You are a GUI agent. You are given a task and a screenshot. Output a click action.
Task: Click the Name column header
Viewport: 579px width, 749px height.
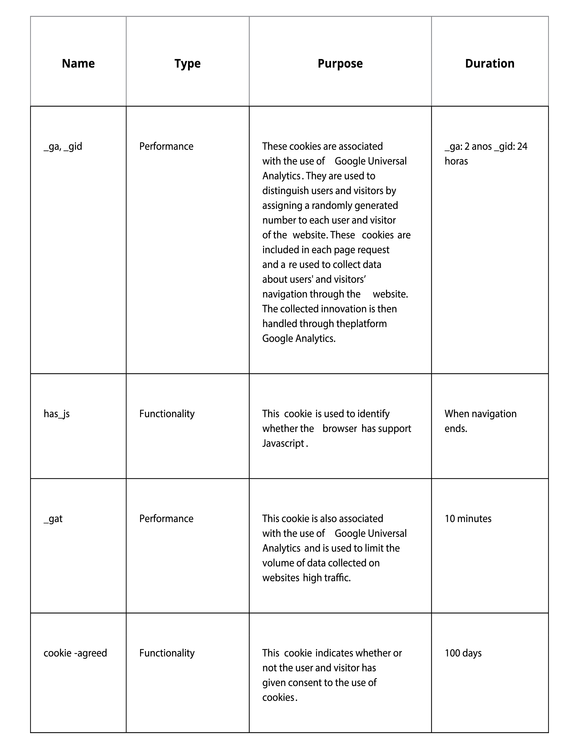(x=78, y=64)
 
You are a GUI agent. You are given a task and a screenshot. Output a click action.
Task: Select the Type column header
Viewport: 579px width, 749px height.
(x=187, y=64)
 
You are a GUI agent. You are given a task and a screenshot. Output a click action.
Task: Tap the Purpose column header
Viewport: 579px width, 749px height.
(x=340, y=64)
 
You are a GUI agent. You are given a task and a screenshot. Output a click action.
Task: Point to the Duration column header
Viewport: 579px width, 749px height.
(x=490, y=64)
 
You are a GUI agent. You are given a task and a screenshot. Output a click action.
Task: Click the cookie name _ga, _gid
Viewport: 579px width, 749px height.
(x=63, y=146)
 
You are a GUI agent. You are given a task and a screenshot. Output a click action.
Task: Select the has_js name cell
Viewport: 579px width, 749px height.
(x=57, y=414)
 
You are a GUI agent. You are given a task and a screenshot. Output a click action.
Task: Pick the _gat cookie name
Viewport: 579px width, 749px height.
(x=53, y=519)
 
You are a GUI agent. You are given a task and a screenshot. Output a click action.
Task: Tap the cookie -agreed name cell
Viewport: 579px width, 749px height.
(x=75, y=653)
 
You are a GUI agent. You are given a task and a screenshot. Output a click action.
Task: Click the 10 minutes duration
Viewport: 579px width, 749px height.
(x=468, y=519)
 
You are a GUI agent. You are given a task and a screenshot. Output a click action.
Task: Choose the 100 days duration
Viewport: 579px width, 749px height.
(x=463, y=653)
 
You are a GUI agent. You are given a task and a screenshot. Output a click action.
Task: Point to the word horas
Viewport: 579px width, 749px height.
(x=456, y=161)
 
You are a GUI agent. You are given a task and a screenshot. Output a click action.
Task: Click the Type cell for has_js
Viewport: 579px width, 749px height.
(x=167, y=414)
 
